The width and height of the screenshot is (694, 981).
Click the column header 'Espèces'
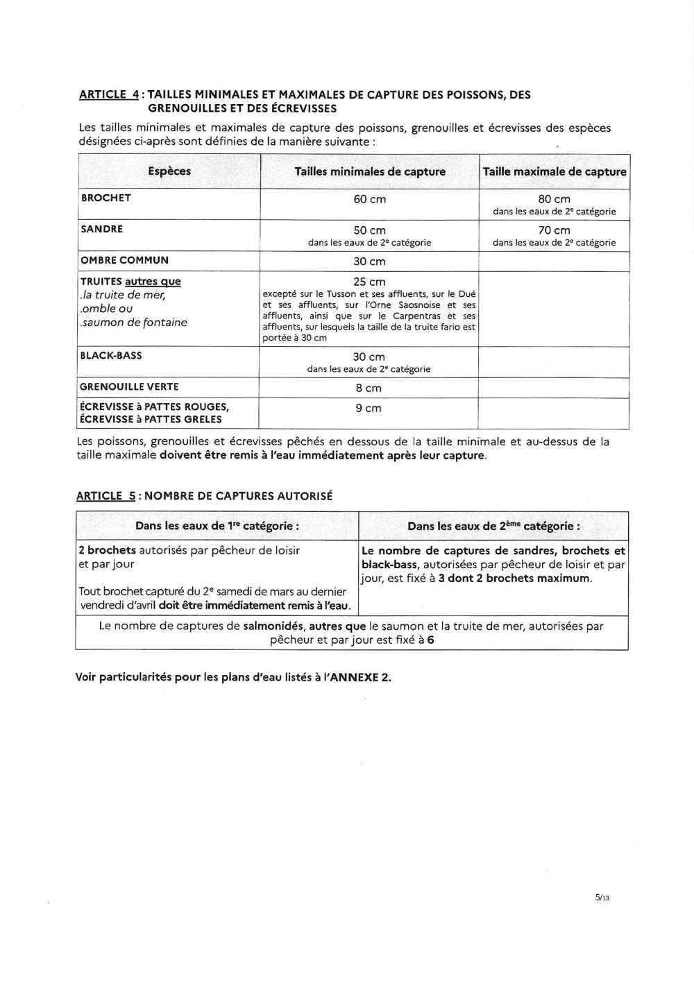[x=169, y=171]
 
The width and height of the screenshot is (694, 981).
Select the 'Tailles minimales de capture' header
[x=370, y=171]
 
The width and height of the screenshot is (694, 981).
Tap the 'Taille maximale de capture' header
[x=555, y=171]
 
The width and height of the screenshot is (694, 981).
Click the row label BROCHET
[x=106, y=198]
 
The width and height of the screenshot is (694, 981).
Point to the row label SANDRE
[x=102, y=229]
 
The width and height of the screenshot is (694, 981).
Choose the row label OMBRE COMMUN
[x=125, y=260]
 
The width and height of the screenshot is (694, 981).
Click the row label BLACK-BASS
[x=112, y=355]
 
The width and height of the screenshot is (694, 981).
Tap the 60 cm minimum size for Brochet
[x=370, y=199]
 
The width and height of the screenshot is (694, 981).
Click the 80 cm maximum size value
[x=555, y=199]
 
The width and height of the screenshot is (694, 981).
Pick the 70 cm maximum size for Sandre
[x=555, y=230]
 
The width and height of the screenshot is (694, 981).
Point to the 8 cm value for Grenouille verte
[x=369, y=388]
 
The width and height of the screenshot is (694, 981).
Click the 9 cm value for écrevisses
[x=369, y=408]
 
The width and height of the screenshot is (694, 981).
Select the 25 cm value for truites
[x=369, y=282]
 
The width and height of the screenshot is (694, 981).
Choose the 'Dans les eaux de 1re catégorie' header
[x=217, y=526]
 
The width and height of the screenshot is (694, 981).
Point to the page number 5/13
[x=601, y=897]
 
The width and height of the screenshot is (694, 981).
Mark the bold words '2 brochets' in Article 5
[x=107, y=550]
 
